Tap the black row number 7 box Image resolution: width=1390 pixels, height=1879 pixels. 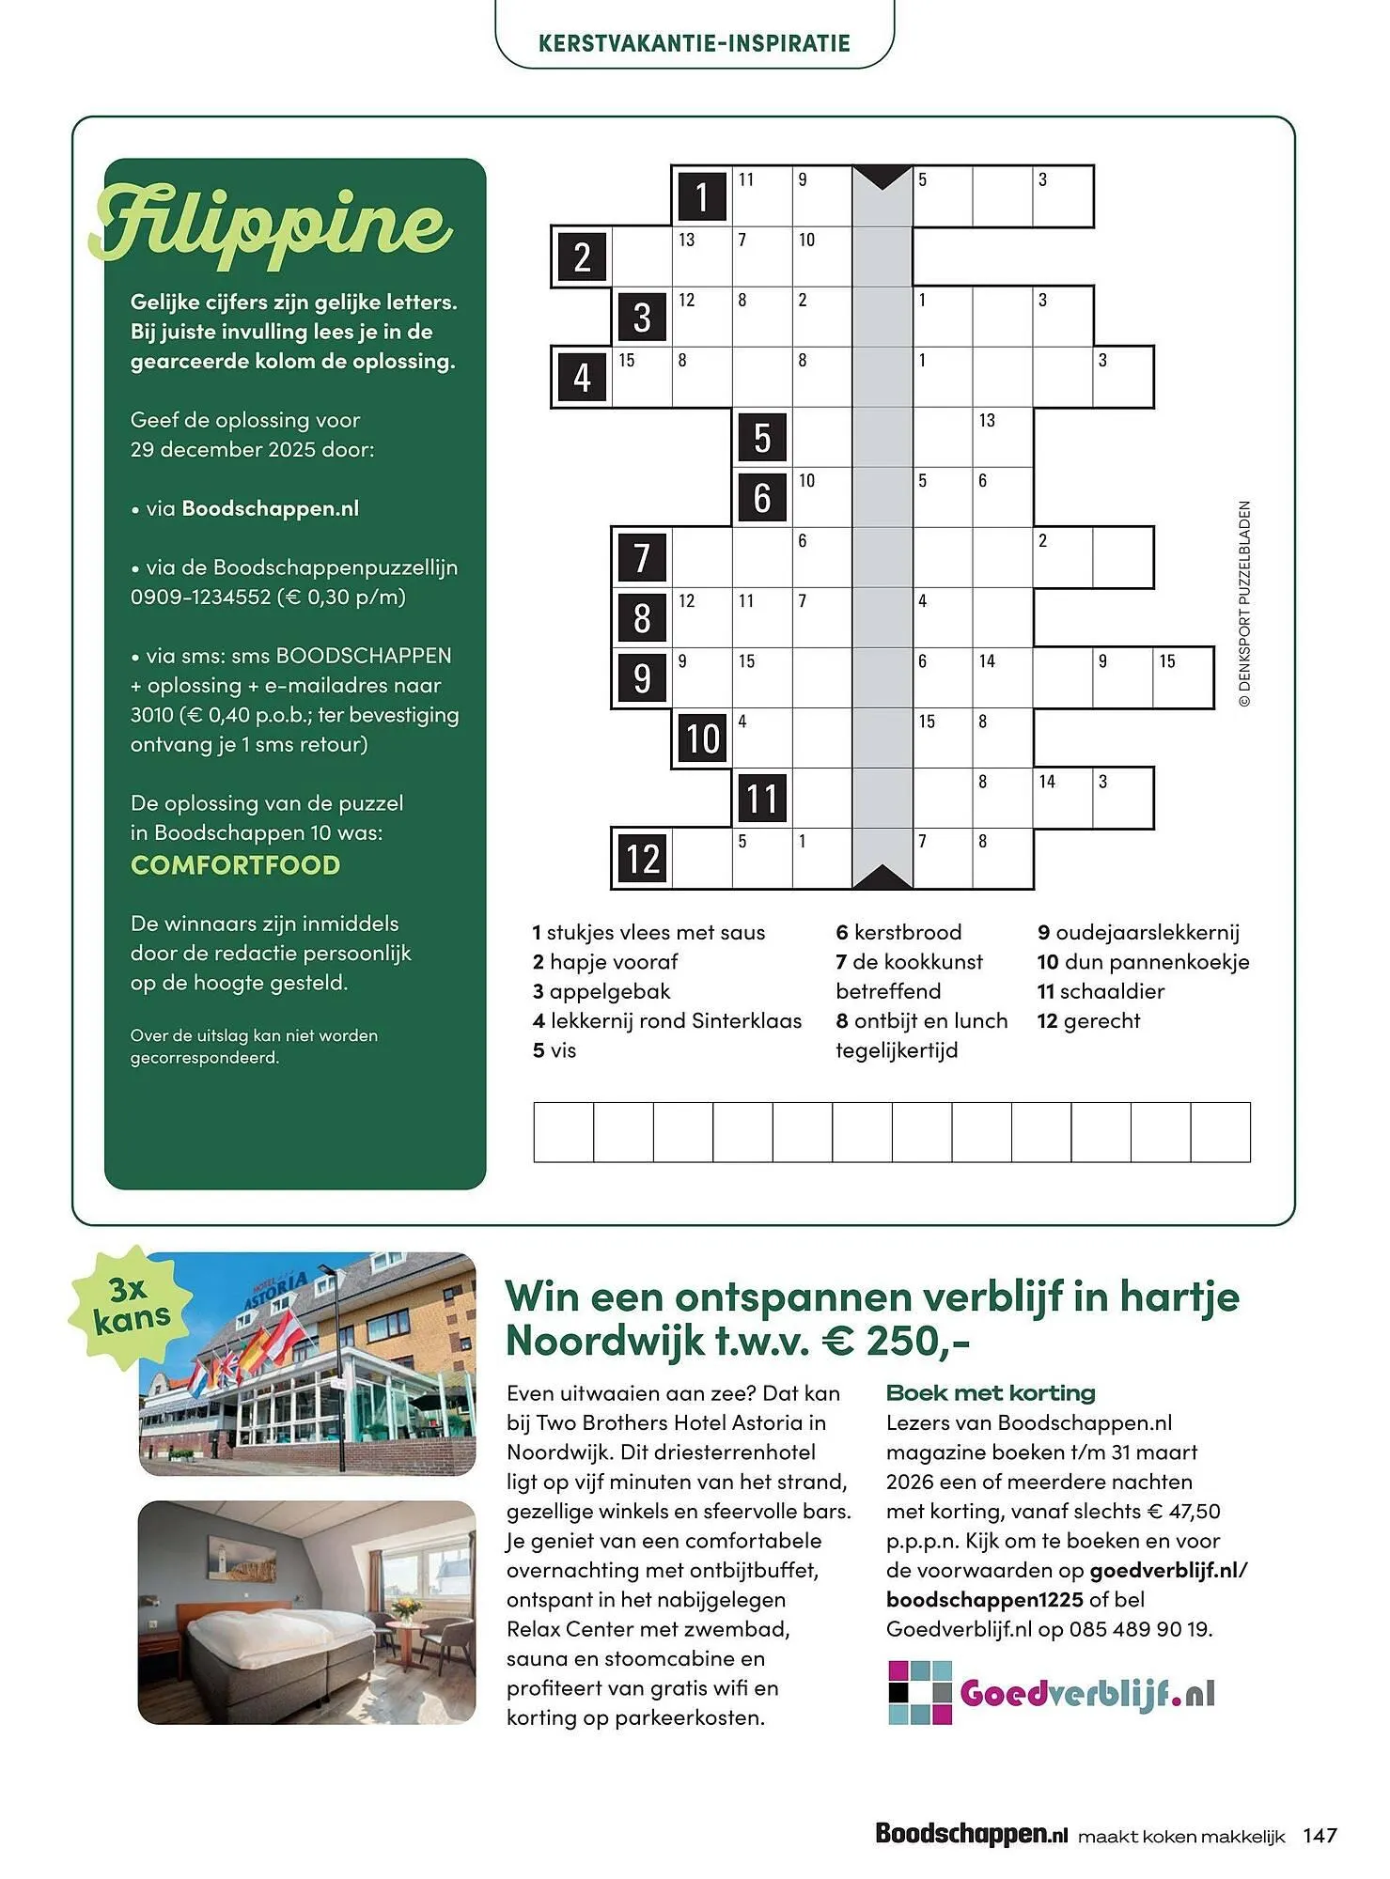[642, 557]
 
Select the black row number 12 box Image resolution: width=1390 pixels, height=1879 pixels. [642, 859]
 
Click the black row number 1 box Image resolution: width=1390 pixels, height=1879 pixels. [701, 197]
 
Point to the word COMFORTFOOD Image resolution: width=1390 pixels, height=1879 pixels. [235, 865]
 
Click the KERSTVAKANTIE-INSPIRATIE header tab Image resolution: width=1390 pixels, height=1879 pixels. [695, 43]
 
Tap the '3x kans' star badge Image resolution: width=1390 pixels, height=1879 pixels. [131, 1305]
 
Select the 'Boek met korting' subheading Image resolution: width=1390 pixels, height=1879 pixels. [991, 1392]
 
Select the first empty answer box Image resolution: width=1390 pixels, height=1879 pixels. [564, 1132]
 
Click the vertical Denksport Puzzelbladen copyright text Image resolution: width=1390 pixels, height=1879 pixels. [1244, 604]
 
